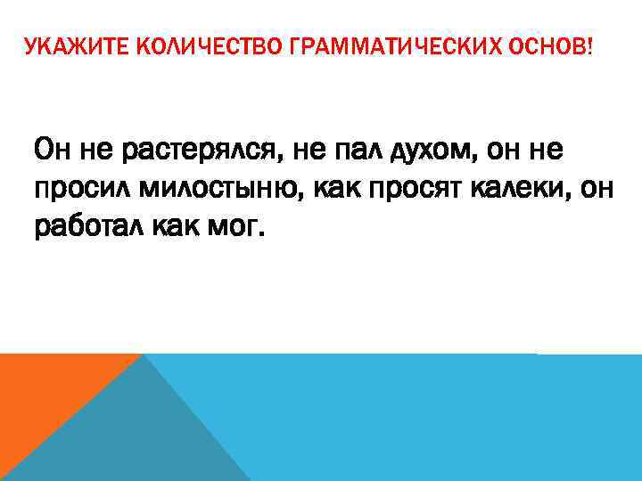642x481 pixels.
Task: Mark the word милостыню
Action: (x=227, y=190)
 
